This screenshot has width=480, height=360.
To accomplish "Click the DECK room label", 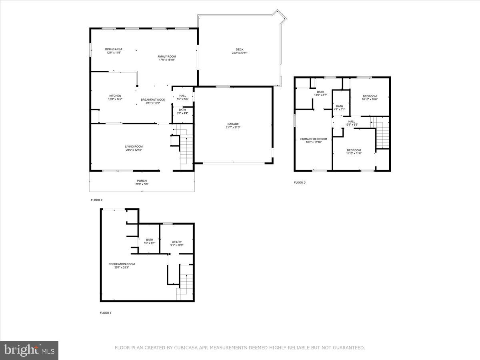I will (240, 50).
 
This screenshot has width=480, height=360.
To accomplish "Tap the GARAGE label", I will (233, 124).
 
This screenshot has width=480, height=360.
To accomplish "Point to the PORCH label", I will (142, 181).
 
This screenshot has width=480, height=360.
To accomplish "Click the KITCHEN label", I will (115, 96).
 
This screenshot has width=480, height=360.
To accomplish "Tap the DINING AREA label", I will (114, 49).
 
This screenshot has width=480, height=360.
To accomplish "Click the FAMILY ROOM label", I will (166, 56).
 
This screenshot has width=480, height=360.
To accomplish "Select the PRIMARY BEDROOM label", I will (314, 139).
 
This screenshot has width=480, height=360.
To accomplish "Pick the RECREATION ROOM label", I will (122, 264).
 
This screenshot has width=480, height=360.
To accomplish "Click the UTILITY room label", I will (177, 242).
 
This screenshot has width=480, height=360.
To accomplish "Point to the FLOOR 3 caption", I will (300, 183).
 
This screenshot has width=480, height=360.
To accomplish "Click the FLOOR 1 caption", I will (106, 313).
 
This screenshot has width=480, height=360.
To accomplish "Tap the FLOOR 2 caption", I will (96, 200).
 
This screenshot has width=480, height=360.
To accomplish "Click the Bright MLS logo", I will (29, 350).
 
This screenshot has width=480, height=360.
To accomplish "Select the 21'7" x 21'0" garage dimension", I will (233, 128).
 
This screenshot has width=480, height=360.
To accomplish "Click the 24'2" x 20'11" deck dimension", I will (240, 53).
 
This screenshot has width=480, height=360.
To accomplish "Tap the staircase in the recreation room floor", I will (186, 285).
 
